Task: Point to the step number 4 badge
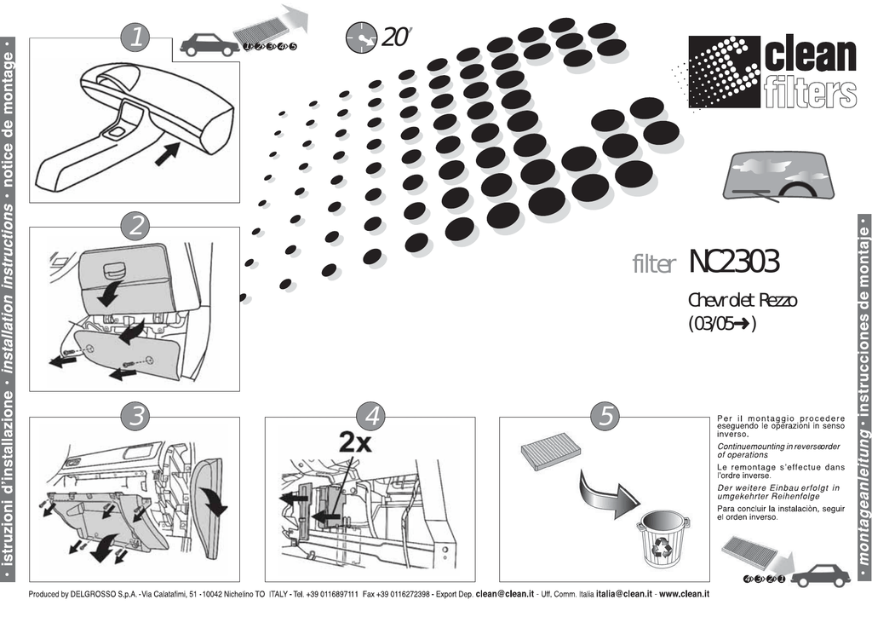click(x=370, y=417)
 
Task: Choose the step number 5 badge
click(x=605, y=417)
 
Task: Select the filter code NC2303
click(x=733, y=263)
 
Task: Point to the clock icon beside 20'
click(x=361, y=37)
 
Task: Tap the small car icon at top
click(x=209, y=44)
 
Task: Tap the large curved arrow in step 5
click(x=609, y=492)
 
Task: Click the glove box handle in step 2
click(x=114, y=271)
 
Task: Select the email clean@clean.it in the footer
click(x=505, y=594)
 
